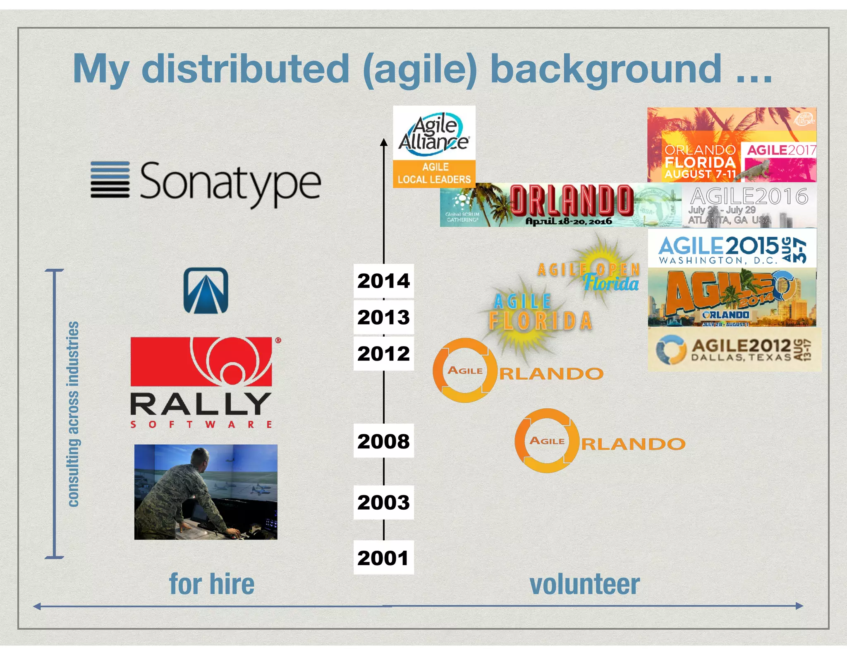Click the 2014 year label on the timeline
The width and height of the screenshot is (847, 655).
click(x=383, y=281)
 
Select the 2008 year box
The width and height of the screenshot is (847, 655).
click(x=383, y=441)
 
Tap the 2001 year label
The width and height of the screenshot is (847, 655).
click(x=383, y=558)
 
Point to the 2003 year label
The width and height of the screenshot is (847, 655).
click(x=383, y=502)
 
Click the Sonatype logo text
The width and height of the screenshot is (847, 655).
click(x=230, y=183)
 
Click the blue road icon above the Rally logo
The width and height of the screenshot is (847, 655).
click(x=206, y=290)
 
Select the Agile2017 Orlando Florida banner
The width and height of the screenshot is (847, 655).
click(x=731, y=145)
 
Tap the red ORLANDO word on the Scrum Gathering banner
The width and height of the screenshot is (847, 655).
click(x=572, y=200)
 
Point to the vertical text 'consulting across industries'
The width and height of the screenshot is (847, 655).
click(x=73, y=414)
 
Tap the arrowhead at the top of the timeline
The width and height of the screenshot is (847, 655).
click(x=384, y=142)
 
